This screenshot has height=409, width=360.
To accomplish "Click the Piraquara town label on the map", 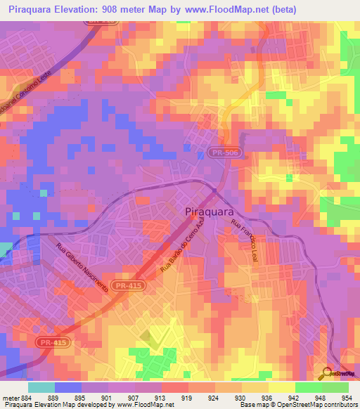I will tap(210, 211).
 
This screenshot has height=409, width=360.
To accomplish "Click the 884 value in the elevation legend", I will tap(26, 397).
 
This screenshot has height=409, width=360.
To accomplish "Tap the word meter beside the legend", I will tap(10, 397).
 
